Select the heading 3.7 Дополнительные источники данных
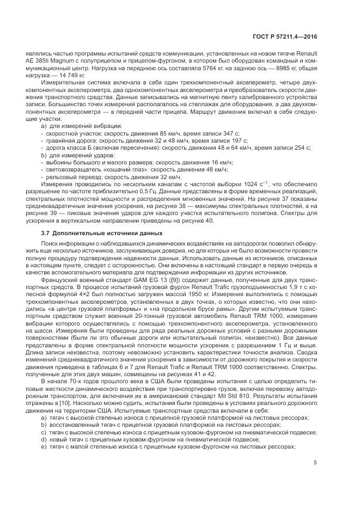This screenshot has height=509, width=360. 91,232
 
